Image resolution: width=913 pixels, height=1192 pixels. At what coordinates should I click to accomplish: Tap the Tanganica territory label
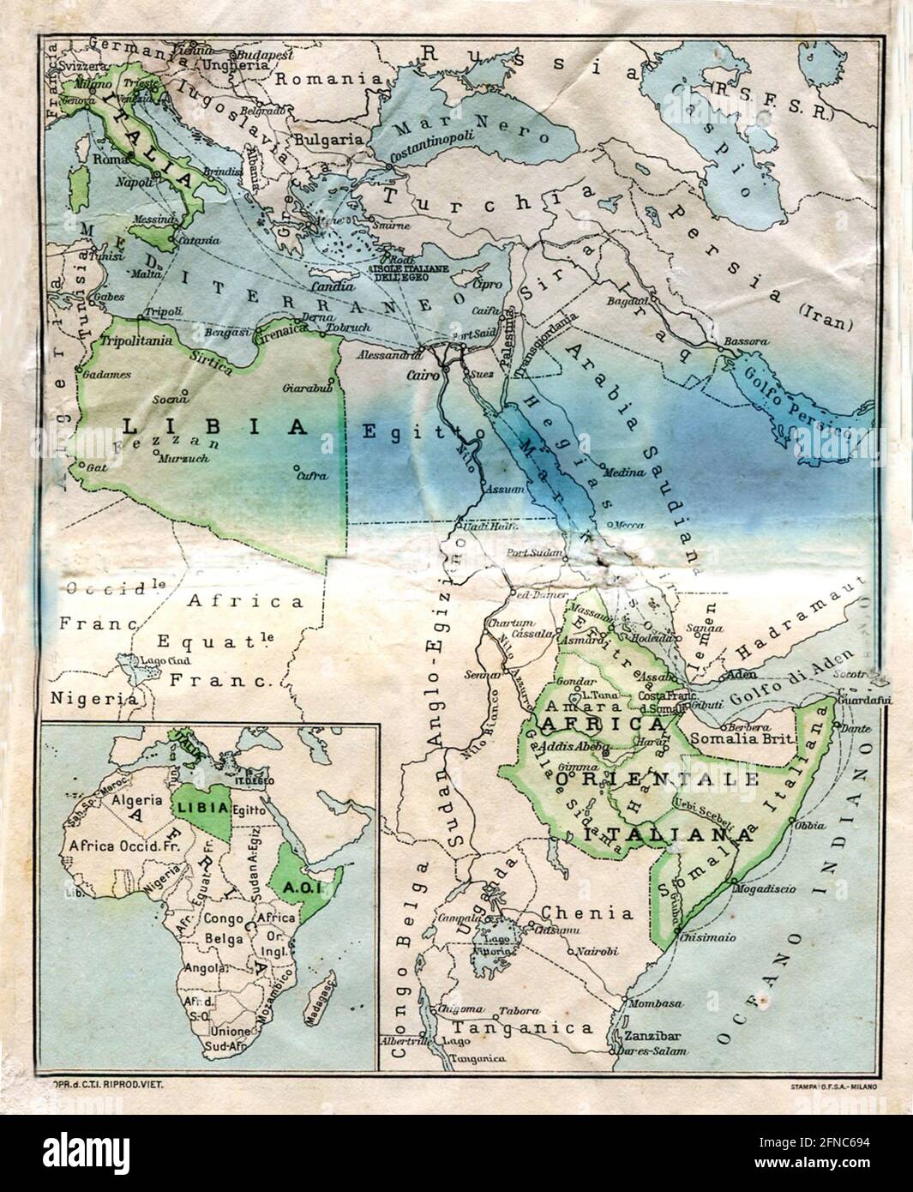point(523,1027)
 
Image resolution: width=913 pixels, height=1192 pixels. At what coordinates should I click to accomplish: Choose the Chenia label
point(587,912)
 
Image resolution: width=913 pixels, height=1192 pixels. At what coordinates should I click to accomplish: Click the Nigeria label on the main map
point(93,697)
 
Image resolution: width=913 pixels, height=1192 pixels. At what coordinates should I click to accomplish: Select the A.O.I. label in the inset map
point(303,889)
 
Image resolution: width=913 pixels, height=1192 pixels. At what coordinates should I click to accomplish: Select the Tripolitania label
point(136,340)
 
